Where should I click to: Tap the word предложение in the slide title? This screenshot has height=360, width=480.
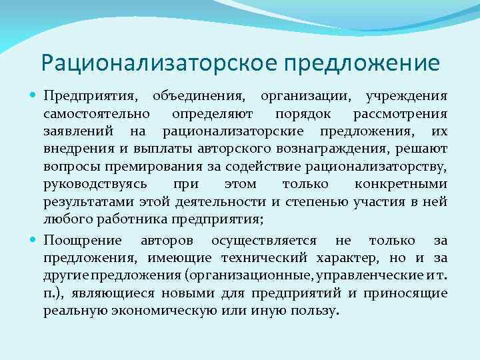[362, 63]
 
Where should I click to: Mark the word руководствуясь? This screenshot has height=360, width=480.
[99, 183]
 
